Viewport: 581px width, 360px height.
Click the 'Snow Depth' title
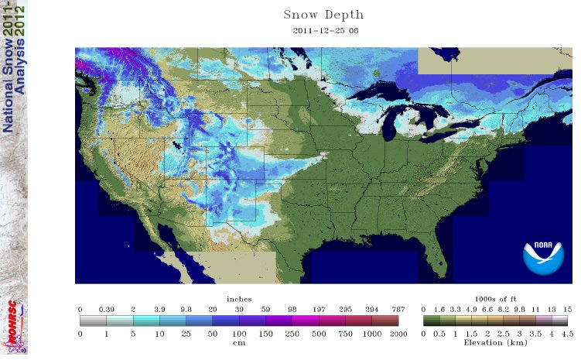coord(323,15)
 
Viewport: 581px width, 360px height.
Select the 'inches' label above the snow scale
coord(238,299)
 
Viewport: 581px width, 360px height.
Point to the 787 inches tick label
coord(398,309)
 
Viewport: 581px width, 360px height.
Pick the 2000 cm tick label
coord(398,333)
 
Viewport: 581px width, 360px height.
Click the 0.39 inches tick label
coord(106,309)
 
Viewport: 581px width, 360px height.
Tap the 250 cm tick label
coord(292,333)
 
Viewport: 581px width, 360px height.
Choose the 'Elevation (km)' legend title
coord(495,341)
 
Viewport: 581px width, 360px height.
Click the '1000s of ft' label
coord(495,299)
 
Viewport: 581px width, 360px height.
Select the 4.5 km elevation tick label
coord(567,333)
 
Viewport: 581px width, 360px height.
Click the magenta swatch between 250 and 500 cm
coord(305,320)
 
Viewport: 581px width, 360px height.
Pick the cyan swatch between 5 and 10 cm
coord(146,320)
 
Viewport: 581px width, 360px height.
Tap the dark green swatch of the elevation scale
coord(431,320)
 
